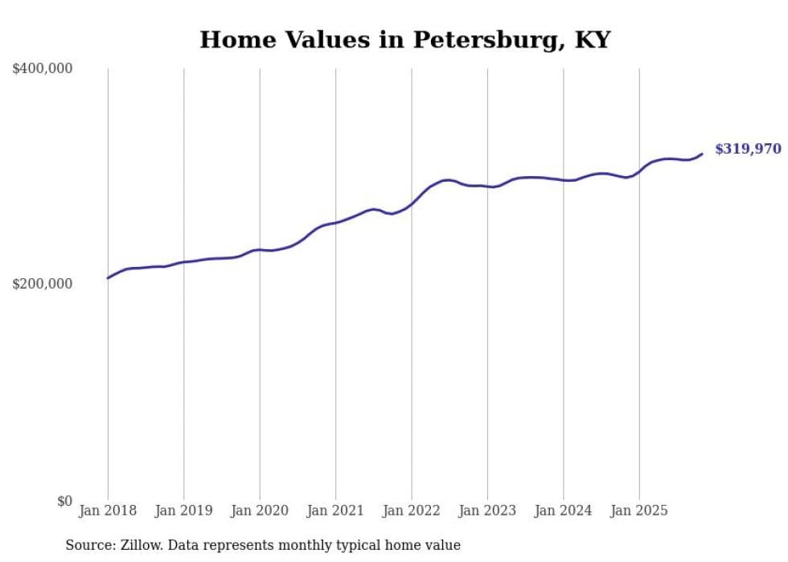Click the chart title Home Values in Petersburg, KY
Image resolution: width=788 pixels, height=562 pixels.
point(405,39)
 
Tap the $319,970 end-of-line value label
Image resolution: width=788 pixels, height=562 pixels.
point(747,149)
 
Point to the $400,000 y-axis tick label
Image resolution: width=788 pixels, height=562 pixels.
point(43,69)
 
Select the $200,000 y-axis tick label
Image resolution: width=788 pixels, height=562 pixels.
point(43,285)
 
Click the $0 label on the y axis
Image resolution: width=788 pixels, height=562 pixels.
point(64,501)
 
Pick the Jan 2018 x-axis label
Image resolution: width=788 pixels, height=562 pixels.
point(108,511)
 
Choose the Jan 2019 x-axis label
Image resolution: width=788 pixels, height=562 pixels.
point(183,511)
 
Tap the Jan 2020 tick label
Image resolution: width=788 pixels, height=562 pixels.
point(260,511)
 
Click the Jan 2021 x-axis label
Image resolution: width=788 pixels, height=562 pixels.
point(335,511)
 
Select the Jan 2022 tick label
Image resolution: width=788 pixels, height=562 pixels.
point(412,511)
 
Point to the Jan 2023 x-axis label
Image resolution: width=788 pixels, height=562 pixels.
point(487,511)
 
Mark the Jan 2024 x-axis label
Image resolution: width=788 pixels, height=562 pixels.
point(564,511)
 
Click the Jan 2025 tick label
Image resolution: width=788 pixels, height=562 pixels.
point(639,511)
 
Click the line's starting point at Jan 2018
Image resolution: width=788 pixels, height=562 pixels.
point(108,278)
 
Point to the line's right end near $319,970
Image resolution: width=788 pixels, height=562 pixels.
point(702,154)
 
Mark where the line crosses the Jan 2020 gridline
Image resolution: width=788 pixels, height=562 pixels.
point(260,249)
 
